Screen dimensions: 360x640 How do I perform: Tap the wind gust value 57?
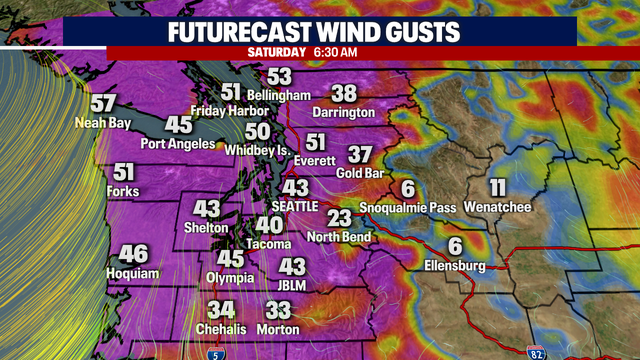point(102,104)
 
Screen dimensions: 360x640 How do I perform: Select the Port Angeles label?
point(179,144)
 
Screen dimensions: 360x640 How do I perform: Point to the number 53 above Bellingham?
point(279,76)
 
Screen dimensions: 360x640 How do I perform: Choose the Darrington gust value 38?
point(343,93)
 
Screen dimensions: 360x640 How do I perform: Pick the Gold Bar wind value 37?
point(361,155)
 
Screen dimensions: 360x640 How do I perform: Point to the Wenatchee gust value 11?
point(497,187)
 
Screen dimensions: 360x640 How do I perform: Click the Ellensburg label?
point(454,266)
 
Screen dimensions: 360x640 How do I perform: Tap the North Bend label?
point(340,237)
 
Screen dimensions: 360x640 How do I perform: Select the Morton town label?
point(278,331)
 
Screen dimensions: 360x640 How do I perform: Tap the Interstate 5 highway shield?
point(217,352)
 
